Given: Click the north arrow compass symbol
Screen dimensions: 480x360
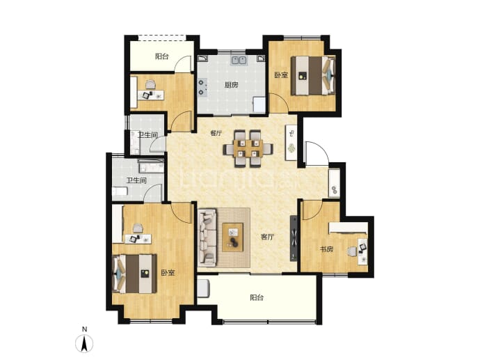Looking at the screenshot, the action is (84, 343).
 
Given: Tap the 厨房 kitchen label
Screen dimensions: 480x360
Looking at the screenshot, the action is (231, 85).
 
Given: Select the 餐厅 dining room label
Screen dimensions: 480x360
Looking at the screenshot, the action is (216, 133).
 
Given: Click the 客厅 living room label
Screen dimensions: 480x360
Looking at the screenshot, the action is (267, 237).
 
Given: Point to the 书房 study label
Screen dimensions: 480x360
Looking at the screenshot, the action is (326, 249).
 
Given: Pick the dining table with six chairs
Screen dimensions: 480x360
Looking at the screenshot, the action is (248, 148).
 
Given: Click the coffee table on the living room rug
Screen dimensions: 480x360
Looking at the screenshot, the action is (232, 237).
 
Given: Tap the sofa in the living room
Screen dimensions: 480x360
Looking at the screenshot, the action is (207, 237).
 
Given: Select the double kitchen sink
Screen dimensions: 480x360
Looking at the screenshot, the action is (239, 60).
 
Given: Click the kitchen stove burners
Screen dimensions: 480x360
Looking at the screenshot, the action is (202, 87).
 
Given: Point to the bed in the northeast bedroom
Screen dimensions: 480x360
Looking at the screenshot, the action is (313, 75).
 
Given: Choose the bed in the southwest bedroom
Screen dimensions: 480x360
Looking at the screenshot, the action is (135, 274).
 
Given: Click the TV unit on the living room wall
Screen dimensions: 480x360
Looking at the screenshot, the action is (294, 238).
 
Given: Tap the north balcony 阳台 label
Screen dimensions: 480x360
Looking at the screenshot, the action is (161, 56).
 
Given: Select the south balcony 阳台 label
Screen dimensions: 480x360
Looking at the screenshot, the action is (257, 297).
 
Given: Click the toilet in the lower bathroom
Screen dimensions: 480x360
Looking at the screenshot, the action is (120, 191).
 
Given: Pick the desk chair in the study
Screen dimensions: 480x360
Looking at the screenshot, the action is (352, 251).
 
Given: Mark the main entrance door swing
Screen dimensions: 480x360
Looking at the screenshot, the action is (317, 152).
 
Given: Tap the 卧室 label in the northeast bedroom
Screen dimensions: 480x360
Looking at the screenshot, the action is (281, 75).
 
